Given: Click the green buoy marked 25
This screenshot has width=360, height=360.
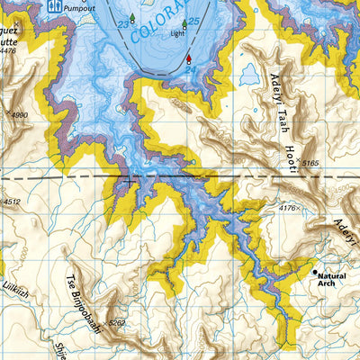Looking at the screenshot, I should click(184, 23).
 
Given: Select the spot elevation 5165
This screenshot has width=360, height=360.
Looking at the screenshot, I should click(310, 163).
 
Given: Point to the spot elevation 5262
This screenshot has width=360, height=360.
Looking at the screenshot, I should click(115, 321).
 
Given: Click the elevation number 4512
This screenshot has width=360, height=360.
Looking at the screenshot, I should click(11, 202).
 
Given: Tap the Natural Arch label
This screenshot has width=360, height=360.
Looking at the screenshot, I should click(332, 280).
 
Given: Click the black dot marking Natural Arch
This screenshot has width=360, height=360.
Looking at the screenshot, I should click(314, 271).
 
